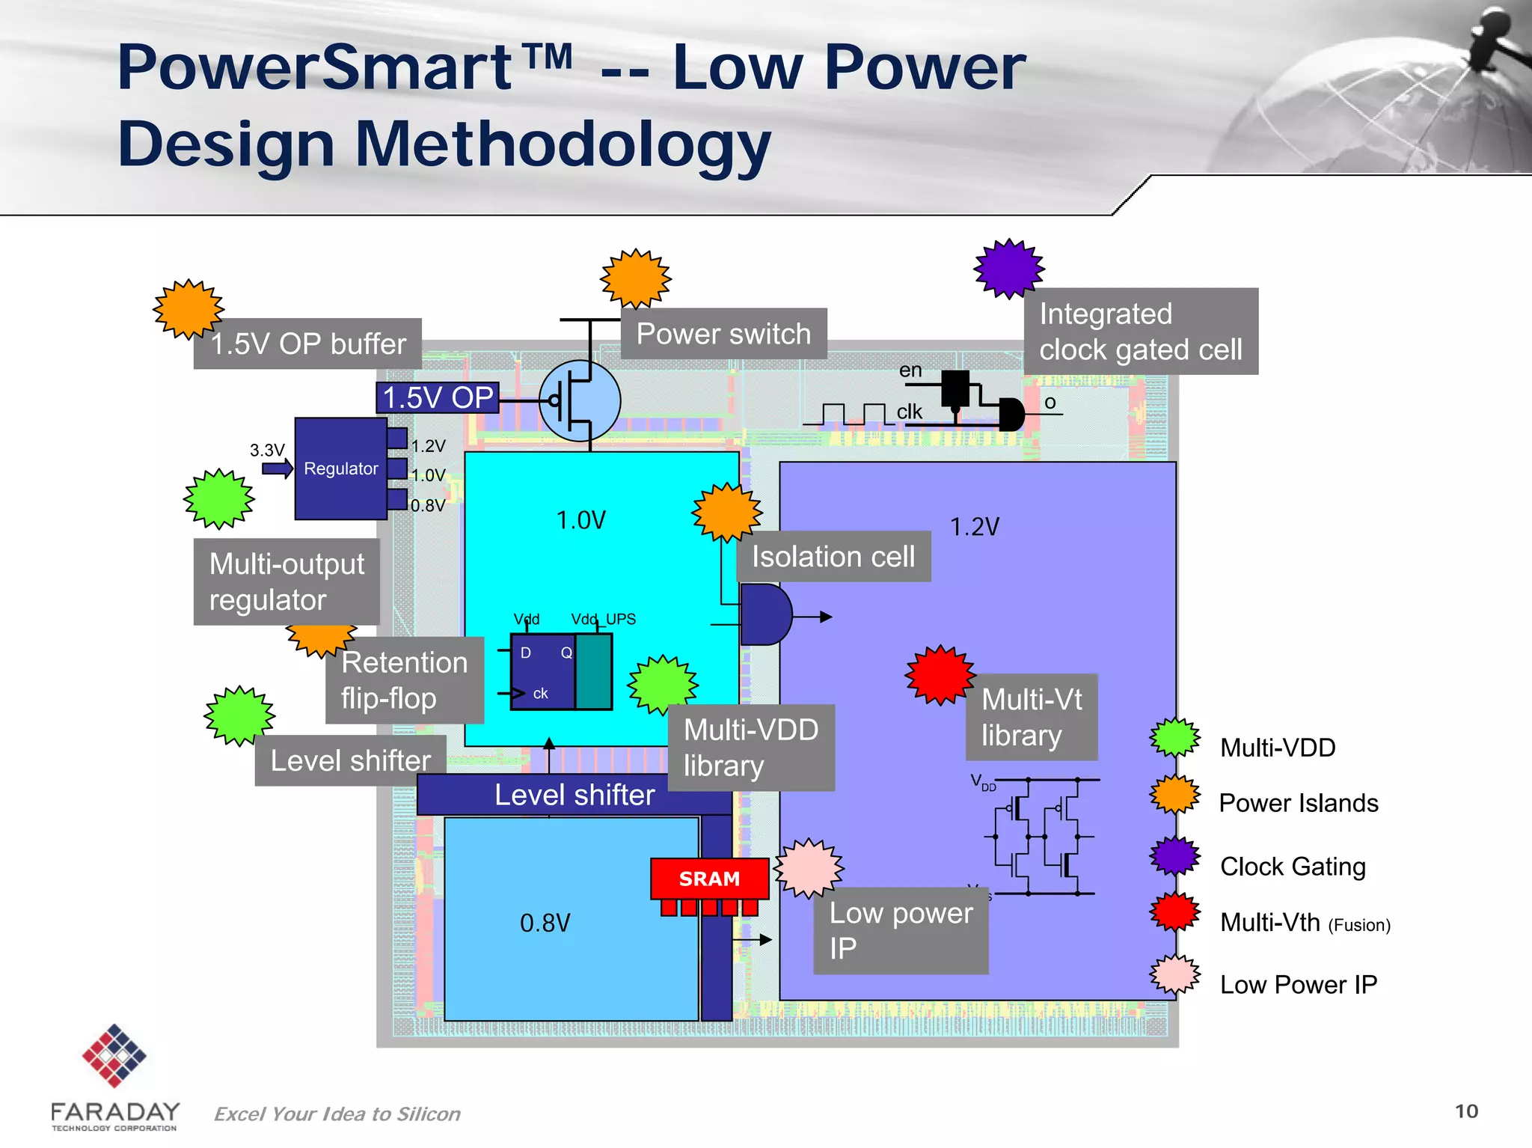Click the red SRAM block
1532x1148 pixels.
(x=709, y=879)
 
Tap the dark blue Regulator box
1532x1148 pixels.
(x=340, y=469)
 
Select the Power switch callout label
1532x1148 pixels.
(x=723, y=334)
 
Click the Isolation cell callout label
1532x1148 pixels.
(x=833, y=557)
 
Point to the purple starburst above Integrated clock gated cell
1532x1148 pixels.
(x=1009, y=269)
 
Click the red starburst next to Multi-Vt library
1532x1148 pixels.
(x=940, y=675)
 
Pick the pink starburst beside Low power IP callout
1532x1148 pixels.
(x=809, y=868)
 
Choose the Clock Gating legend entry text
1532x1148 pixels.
(x=1293, y=867)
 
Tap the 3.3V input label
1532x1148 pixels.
(x=267, y=451)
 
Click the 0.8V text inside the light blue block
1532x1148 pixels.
(x=545, y=923)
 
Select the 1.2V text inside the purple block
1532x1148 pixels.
(x=974, y=527)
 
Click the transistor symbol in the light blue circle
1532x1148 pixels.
(x=580, y=401)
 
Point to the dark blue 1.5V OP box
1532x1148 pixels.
(x=438, y=397)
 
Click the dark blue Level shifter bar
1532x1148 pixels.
(x=574, y=795)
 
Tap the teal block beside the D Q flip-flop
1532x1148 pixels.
(x=594, y=671)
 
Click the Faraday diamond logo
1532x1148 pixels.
(x=114, y=1055)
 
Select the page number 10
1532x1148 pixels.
(x=1466, y=1111)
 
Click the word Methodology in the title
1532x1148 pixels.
(x=563, y=145)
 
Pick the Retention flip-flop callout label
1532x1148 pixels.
(x=404, y=680)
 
